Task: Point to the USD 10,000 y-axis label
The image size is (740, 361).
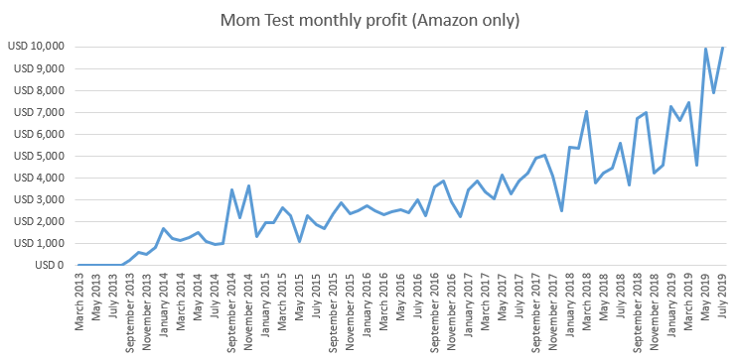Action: (36, 47)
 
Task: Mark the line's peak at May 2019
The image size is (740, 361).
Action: (705, 49)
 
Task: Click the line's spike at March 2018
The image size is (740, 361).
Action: (586, 111)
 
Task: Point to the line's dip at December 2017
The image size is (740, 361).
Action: (561, 210)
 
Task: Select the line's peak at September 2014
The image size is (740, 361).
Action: (231, 189)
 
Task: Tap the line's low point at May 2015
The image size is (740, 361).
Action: (299, 241)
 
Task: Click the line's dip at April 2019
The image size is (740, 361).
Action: (696, 165)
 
